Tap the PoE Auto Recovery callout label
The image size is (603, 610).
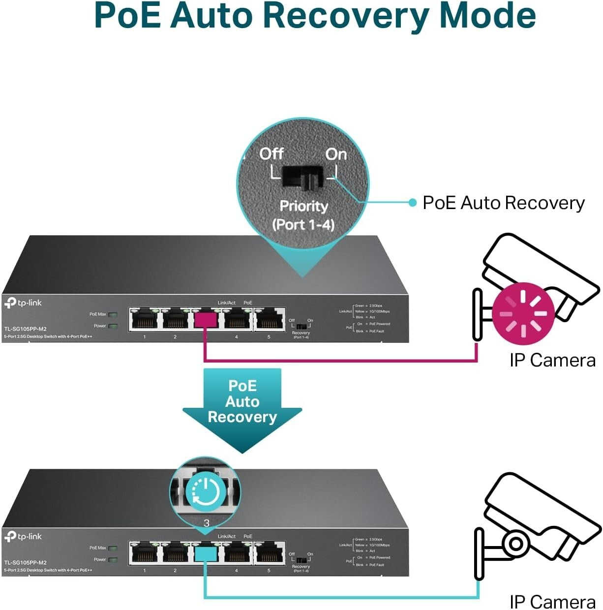point(503,203)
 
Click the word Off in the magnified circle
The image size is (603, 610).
point(271,153)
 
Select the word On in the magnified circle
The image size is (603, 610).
point(336,154)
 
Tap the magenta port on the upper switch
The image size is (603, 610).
point(206,320)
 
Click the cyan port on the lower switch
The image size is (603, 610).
point(206,554)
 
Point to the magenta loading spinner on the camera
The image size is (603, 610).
point(523,313)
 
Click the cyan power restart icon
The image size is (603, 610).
point(206,491)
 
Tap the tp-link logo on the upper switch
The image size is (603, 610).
point(23,303)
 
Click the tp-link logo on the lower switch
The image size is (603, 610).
point(23,536)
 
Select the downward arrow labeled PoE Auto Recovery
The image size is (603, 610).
point(242,408)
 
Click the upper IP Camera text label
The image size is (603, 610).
point(552,360)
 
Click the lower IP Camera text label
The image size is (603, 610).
point(552,601)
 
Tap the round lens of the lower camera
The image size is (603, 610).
point(515,544)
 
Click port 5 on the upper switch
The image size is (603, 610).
point(269,320)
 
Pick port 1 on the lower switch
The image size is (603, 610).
point(144,553)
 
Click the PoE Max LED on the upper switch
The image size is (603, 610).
point(113,314)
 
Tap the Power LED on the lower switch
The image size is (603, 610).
point(113,559)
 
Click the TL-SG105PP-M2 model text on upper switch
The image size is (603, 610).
point(26,329)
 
